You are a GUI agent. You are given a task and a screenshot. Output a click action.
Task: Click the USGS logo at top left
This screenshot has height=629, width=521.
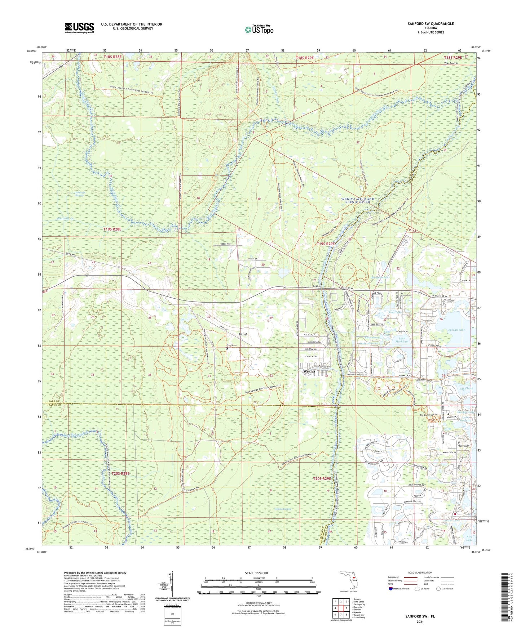[x=79, y=27]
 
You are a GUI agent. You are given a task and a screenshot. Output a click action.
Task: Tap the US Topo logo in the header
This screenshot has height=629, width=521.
[x=259, y=30]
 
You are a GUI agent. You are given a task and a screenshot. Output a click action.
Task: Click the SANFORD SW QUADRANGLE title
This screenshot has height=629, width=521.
[x=431, y=24]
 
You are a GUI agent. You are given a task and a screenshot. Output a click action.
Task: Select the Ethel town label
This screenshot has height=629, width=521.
[x=243, y=334]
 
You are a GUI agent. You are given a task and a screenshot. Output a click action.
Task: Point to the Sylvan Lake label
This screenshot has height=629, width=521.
[x=457, y=330]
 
